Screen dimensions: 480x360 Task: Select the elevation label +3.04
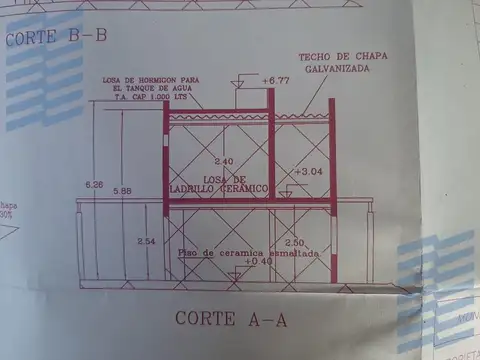pos(310,172)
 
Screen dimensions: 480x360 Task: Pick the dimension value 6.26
pos(95,185)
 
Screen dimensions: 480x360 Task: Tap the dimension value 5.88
pos(122,190)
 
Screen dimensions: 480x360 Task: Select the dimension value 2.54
pos(146,242)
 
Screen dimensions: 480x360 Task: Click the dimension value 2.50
pos(294,243)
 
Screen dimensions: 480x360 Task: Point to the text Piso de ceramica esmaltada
pos(248,253)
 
